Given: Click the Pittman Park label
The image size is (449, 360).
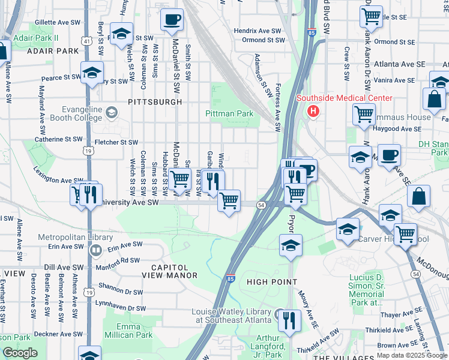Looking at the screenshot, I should coord(229,113).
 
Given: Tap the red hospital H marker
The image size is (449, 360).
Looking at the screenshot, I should coord(313,110).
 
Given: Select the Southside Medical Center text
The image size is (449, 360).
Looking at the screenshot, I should coord(343,98).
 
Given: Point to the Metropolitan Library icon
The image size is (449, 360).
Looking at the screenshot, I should coord(95,250).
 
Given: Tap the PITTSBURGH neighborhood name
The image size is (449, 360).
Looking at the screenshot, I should coord(155,102).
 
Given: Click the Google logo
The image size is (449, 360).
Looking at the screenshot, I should coord(20,353).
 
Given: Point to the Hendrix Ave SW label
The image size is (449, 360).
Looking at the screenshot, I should coord(258,30).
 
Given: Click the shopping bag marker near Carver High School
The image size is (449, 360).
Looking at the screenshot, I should coord(419,197).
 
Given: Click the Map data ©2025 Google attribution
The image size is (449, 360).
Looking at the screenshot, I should coord(411,355).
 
